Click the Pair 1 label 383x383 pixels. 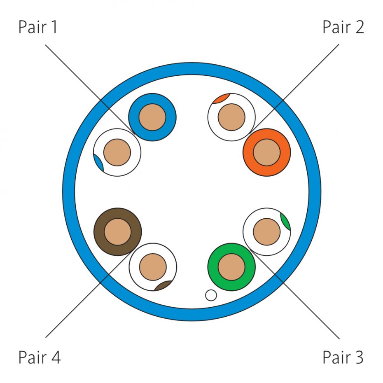tap(38, 27)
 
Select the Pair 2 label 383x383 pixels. tap(343, 27)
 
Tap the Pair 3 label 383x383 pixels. tap(343, 357)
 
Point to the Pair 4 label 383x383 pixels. tap(40, 357)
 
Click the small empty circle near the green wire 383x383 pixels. tap(211, 295)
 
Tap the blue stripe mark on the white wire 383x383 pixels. tap(98, 163)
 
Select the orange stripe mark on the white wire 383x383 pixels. tap(221, 98)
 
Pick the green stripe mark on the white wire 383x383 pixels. tap(285, 221)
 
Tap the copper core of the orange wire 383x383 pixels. tap(267, 152)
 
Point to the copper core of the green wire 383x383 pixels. tap(231, 267)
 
